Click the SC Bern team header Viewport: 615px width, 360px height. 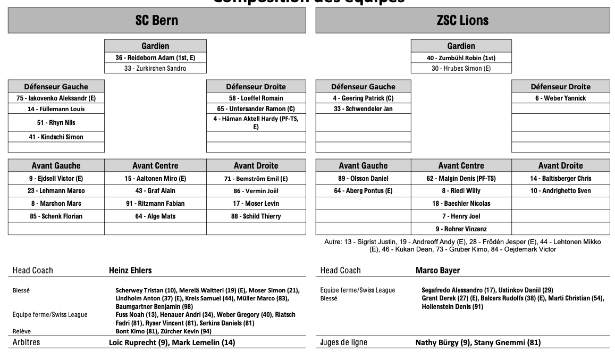[x=157, y=21]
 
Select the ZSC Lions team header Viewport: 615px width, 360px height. [x=462, y=21]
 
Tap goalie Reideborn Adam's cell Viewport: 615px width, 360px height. [x=155, y=57]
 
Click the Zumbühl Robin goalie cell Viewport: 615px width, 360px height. [x=461, y=57]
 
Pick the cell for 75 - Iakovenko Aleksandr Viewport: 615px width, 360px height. [x=56, y=98]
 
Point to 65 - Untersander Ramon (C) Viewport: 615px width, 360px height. [x=256, y=108]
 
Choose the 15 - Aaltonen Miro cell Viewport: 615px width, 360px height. [x=155, y=178]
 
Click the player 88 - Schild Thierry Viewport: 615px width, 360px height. [x=256, y=216]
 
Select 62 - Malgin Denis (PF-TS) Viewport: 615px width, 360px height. [x=461, y=178]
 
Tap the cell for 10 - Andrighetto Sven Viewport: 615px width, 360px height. [x=560, y=190]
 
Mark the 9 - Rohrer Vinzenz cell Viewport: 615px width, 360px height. [x=461, y=229]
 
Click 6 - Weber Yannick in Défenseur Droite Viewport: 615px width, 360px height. [x=560, y=98]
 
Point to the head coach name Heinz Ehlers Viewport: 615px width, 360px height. [x=130, y=270]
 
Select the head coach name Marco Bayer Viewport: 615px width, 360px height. [x=437, y=270]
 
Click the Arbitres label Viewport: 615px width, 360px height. [x=26, y=342]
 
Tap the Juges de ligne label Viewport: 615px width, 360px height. [x=343, y=342]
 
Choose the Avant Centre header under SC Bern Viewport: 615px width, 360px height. [x=155, y=165]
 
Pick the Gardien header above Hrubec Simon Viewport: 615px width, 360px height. [x=461, y=46]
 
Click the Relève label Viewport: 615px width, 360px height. [x=22, y=331]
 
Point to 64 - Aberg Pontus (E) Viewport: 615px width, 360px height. [x=363, y=190]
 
